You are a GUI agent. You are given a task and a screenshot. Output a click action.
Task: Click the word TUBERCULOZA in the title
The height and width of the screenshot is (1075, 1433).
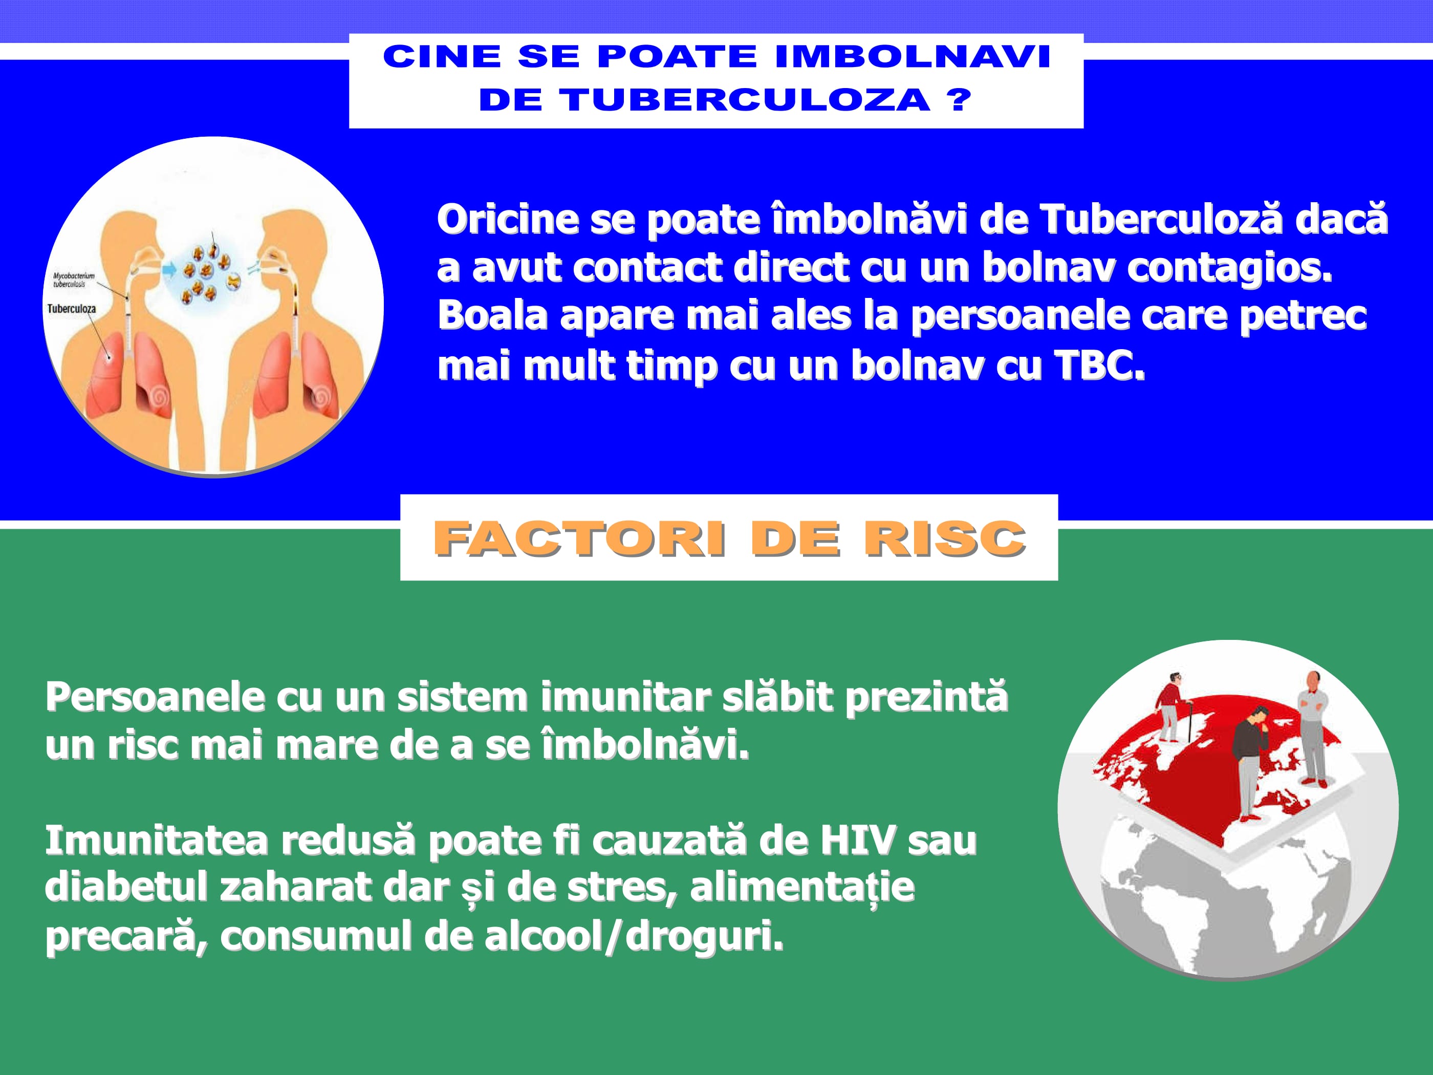[x=745, y=100]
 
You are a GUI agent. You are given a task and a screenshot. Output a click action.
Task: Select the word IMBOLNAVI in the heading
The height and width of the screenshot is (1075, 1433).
[x=912, y=56]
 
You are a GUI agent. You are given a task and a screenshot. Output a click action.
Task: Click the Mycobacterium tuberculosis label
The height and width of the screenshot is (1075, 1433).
[x=73, y=280]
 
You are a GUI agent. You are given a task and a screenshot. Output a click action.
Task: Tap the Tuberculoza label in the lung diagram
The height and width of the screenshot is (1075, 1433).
[x=71, y=309]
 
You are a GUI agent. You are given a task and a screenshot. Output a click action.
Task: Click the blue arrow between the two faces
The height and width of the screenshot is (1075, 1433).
[x=168, y=268]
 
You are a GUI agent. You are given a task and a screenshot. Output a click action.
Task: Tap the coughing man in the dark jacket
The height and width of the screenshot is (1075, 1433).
[x=1250, y=765]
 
